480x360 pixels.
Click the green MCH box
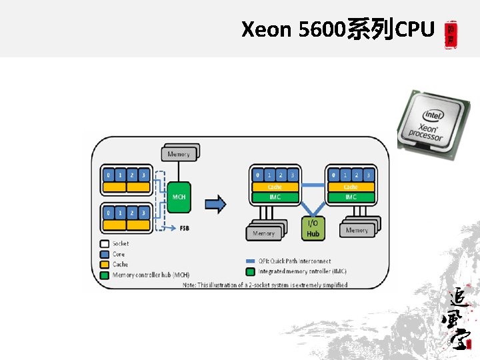pyautogui.click(x=179, y=197)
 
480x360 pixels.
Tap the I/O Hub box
pyautogui.click(x=313, y=228)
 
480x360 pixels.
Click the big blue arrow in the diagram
pyautogui.click(x=215, y=203)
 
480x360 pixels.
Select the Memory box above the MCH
pyautogui.click(x=178, y=154)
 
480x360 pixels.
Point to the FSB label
pyautogui.click(x=184, y=228)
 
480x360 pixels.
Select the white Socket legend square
pyautogui.click(x=105, y=244)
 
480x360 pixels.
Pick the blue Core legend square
pyautogui.click(x=105, y=254)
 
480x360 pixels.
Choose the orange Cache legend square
pyautogui.click(x=105, y=265)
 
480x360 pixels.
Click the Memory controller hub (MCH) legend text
pyautogui.click(x=151, y=275)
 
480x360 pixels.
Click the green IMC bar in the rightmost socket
pyautogui.click(x=351, y=197)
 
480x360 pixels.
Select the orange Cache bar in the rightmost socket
pyautogui.click(x=351, y=187)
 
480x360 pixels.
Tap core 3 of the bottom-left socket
pyautogui.click(x=143, y=213)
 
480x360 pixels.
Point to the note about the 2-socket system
pyautogui.click(x=265, y=285)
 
